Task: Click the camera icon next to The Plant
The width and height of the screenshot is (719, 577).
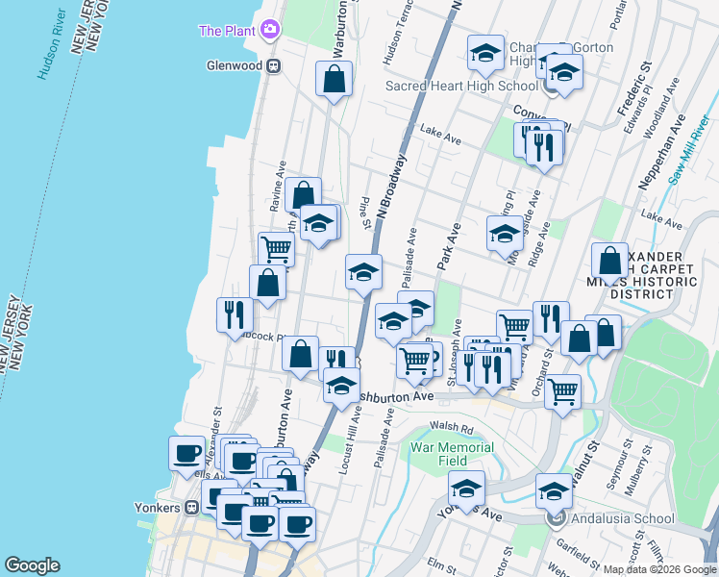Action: [273, 31]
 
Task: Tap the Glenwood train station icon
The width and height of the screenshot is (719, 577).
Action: [274, 65]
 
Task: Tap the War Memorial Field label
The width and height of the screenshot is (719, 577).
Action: [452, 455]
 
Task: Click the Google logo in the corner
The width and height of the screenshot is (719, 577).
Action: [32, 565]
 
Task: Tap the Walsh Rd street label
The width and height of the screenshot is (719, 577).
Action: [453, 429]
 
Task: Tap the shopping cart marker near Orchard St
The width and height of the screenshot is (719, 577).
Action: [562, 389]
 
